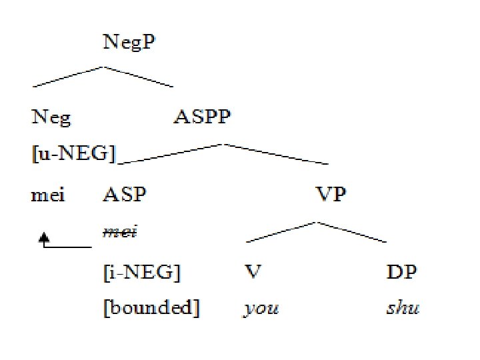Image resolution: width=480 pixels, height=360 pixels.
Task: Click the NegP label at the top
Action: coord(130,44)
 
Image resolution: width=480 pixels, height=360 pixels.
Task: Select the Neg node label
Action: coord(51,119)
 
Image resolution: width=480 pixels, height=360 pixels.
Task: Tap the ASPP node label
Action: coord(202,119)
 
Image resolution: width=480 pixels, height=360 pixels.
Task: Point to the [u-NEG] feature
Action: coord(73,155)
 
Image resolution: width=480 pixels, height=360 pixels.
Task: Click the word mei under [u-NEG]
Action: coord(48,196)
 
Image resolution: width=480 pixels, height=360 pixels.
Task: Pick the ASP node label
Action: coord(125,196)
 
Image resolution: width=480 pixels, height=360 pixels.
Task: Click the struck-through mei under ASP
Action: coord(120,232)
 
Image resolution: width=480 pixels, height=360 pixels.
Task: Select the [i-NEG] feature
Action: coord(141,272)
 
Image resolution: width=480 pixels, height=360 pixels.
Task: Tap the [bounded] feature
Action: coord(151,308)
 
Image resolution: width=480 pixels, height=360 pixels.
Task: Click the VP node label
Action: coord(331,196)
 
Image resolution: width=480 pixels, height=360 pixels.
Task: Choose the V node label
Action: coord(252,272)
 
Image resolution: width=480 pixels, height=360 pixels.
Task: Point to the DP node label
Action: coord(402,272)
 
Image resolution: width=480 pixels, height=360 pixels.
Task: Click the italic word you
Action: coord(261,309)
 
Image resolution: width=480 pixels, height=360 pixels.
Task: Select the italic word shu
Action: coord(403,308)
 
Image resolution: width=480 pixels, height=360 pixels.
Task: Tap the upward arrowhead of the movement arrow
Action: coord(45,235)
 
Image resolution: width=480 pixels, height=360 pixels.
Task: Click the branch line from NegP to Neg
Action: coord(67,76)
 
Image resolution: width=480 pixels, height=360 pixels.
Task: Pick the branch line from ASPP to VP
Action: coord(277,153)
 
